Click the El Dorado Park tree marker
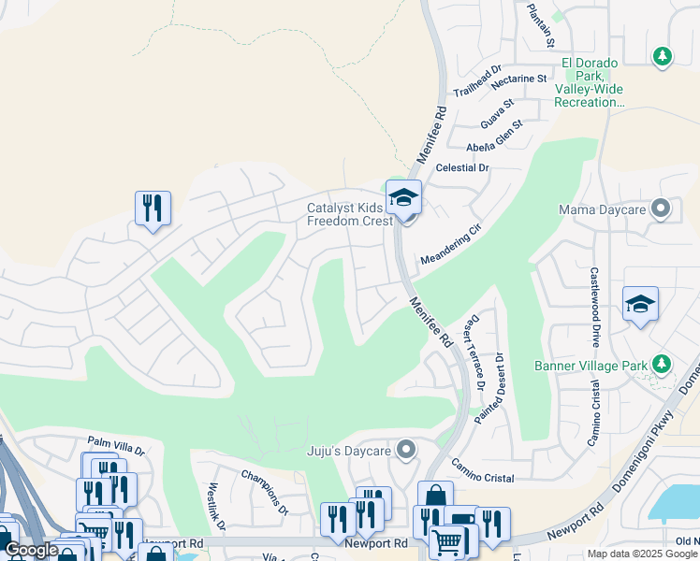[x=663, y=56]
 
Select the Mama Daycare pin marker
[x=662, y=209]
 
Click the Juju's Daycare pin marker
[x=406, y=451]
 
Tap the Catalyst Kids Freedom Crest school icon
[x=404, y=198]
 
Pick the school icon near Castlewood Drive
[x=640, y=304]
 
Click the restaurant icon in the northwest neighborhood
[x=153, y=208]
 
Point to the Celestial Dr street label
[x=462, y=167]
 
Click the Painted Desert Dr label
[x=489, y=388]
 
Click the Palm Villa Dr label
[x=116, y=444]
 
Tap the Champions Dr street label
[x=262, y=492]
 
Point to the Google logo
[x=31, y=550]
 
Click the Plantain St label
[x=541, y=25]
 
